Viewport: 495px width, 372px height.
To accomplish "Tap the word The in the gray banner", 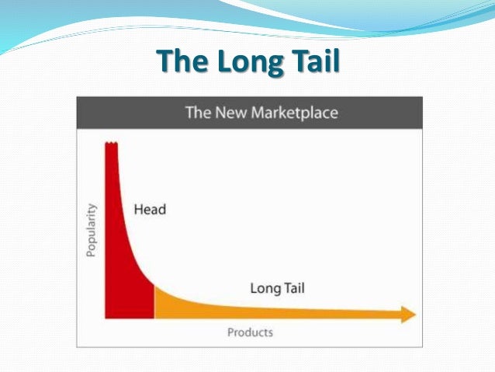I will click(197, 113).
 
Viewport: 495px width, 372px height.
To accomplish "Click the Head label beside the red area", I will click(150, 210).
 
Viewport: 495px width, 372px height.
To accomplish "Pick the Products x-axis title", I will click(250, 332).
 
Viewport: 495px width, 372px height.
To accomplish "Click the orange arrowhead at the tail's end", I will click(409, 314).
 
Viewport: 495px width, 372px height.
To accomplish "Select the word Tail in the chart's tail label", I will click(293, 288).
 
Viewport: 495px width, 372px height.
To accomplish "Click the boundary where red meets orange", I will click(154, 301).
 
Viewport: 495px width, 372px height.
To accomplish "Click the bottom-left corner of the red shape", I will click(106, 317).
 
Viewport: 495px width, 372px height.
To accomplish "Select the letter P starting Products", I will click(230, 332).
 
